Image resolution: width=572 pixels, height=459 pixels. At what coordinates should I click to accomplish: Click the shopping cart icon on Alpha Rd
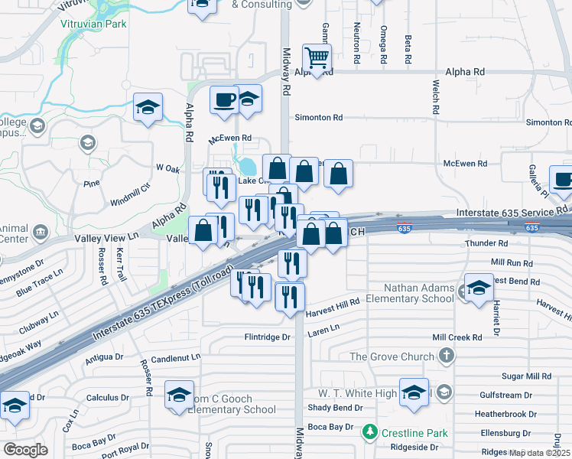[317, 56]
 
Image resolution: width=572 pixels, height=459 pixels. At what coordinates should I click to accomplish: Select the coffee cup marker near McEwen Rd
[224, 100]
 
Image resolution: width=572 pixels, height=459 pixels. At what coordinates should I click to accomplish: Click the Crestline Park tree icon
[370, 431]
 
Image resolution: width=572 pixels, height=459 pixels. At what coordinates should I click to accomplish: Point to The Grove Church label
[392, 356]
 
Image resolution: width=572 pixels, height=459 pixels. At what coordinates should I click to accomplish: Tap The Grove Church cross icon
[447, 356]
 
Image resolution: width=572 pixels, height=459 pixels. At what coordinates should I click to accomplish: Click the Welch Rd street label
[435, 97]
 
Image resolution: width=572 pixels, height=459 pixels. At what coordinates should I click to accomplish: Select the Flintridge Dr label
[268, 337]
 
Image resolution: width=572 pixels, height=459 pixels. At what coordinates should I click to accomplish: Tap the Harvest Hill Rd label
[332, 307]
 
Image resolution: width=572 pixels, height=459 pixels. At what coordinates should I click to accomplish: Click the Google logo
[25, 450]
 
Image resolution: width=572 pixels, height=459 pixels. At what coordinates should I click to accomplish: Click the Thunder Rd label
[486, 243]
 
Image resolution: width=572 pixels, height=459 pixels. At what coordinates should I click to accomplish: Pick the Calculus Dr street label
[107, 398]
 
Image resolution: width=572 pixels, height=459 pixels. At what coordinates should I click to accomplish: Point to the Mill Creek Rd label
[457, 337]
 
